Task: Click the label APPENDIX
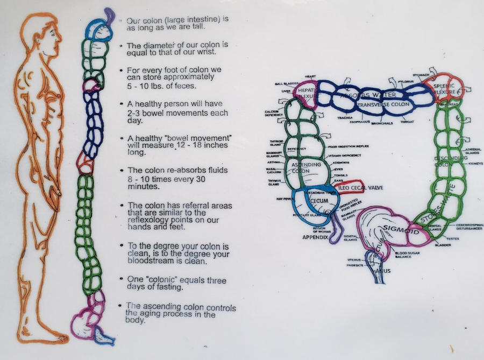tap(315, 237)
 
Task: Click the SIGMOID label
tap(397, 230)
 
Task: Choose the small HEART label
tap(311, 77)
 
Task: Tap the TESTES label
tap(452, 238)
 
